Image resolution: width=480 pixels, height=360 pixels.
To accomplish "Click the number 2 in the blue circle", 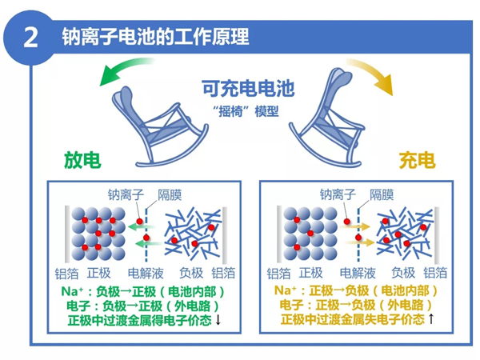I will pyautogui.click(x=31, y=38).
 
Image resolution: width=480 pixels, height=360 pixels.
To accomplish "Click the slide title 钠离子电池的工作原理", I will pyautogui.click(x=156, y=37).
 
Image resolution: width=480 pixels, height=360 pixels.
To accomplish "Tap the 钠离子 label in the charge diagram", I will pyautogui.click(x=338, y=194).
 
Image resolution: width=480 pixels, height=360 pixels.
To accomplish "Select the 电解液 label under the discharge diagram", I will pyautogui.click(x=146, y=272).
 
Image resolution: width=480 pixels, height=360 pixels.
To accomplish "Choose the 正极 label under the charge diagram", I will pyautogui.click(x=319, y=272).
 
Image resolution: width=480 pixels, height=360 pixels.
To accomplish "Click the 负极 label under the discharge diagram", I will pyautogui.click(x=192, y=272).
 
